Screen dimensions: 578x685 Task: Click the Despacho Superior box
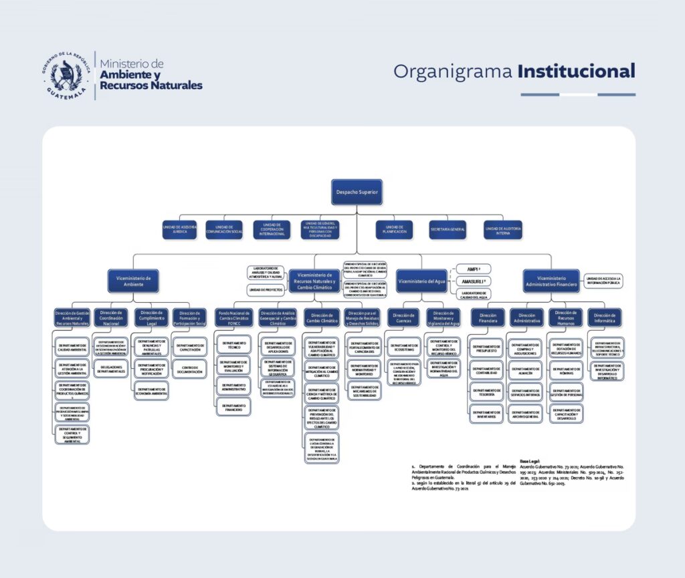pyautogui.click(x=357, y=192)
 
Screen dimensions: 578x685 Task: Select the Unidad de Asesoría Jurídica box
pyautogui.click(x=180, y=230)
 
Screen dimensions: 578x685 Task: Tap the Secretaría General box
pyautogui.click(x=448, y=230)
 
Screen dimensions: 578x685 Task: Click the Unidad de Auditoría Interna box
pyautogui.click(x=503, y=230)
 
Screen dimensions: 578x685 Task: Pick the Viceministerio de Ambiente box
pyautogui.click(x=133, y=281)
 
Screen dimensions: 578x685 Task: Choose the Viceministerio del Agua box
pyautogui.click(x=422, y=281)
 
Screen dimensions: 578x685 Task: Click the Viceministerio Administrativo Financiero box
pyautogui.click(x=551, y=281)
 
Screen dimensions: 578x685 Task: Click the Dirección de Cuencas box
pyautogui.click(x=404, y=317)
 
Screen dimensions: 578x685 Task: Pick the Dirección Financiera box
pyautogui.click(x=488, y=317)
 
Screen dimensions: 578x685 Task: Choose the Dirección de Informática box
pyautogui.click(x=604, y=317)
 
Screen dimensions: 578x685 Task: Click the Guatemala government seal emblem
pyautogui.click(x=68, y=74)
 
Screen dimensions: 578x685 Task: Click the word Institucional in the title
pyautogui.click(x=576, y=71)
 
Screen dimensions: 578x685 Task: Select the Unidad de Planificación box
pyautogui.click(x=394, y=230)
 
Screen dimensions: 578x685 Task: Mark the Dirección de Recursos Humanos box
pyautogui.click(x=566, y=317)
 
